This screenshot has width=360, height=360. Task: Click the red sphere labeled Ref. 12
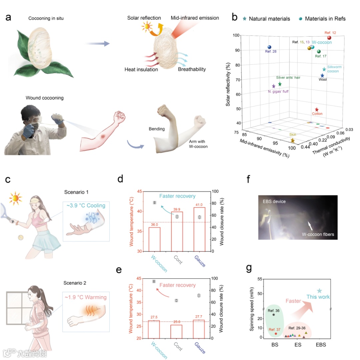(329, 38)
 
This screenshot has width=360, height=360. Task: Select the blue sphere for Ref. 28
(269, 47)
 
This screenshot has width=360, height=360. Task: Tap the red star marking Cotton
(317, 110)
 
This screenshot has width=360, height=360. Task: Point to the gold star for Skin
(292, 141)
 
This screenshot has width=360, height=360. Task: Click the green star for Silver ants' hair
(280, 84)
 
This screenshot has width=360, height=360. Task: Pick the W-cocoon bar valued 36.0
(154, 239)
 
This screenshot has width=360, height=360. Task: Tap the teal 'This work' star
(319, 291)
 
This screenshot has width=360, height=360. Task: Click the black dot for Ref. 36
(274, 315)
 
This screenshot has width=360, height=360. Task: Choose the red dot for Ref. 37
(276, 334)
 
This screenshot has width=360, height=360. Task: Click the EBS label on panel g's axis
(321, 345)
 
